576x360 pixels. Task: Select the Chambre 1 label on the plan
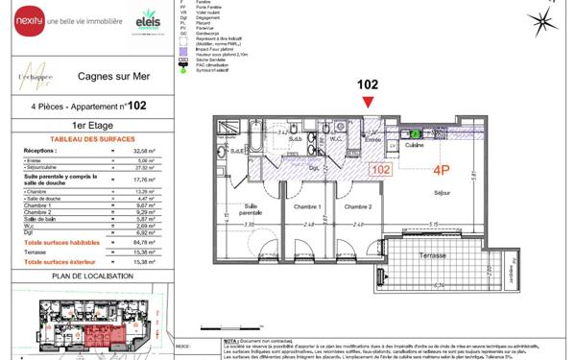coord(307,206)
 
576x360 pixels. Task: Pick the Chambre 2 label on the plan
coord(357,206)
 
